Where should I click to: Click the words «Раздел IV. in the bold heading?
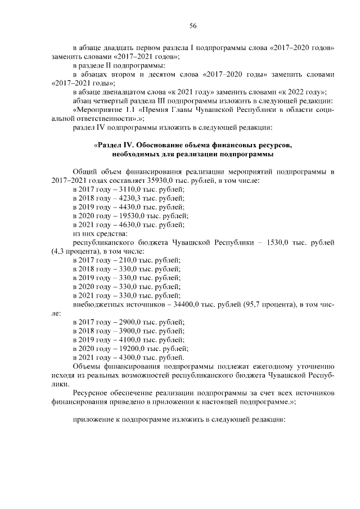[x=116, y=145]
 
